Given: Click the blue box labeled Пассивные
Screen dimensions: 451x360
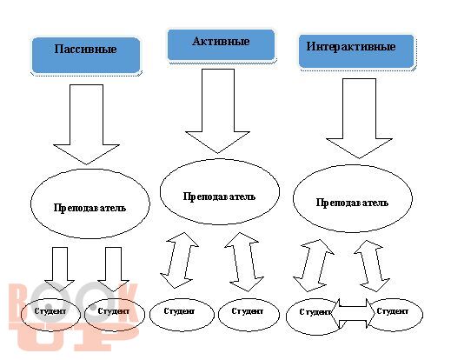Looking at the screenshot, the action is point(86,55).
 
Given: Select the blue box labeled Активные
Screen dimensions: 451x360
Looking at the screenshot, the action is point(221,44).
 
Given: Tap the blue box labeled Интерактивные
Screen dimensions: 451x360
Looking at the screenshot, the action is point(356,51).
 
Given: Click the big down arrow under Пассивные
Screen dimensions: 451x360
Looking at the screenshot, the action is point(86,124).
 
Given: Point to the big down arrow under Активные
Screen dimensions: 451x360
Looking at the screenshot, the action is point(218,111).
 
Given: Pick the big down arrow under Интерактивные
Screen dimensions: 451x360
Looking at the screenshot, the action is point(359,118).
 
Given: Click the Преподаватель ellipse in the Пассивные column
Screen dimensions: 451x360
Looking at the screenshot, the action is point(90,203).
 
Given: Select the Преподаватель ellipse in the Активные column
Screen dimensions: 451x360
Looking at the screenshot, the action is point(220,191).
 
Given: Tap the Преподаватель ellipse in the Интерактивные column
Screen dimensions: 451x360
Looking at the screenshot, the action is point(353,198).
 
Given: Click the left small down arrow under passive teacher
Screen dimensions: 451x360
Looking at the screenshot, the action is point(60,269).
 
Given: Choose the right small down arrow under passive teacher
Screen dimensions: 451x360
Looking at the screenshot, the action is point(113,269).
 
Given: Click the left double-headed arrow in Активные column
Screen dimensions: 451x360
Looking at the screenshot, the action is point(180,260).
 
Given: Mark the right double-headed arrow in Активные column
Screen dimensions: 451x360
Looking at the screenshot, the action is point(244,262).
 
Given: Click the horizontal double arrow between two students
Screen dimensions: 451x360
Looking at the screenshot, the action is point(353,314).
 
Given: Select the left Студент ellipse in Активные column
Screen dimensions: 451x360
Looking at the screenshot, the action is point(182,315).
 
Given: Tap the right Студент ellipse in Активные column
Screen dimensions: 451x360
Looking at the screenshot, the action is point(249,315).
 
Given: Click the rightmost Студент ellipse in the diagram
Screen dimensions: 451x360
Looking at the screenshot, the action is point(395,315).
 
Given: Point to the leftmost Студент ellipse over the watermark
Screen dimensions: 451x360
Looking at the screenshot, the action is point(50,315).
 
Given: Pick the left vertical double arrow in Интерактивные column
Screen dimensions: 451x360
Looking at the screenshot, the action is point(314,265).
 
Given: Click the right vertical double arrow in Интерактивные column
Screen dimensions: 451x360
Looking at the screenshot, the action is point(372,265).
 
